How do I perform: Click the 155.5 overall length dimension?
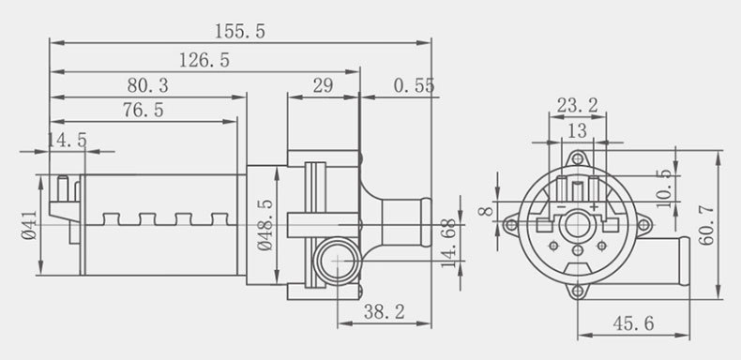tap(240, 32)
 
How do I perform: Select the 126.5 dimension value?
tap(204, 61)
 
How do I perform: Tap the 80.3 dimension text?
tap(147, 86)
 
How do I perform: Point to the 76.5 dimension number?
tap(144, 110)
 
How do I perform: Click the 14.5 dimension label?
tap(68, 141)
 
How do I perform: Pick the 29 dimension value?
tap(324, 86)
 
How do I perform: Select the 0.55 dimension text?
tap(414, 86)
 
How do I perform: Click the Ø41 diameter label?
tap(29, 225)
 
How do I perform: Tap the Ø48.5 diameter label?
tap(265, 225)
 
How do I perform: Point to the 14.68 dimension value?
tap(449, 243)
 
